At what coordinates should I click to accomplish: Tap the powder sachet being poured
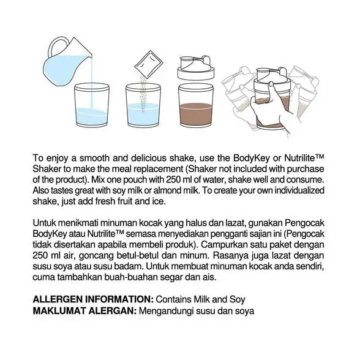click(148, 64)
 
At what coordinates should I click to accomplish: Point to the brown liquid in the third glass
click(196, 114)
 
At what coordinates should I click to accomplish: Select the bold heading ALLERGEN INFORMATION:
click(93, 299)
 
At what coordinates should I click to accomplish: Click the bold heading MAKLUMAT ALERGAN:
click(84, 310)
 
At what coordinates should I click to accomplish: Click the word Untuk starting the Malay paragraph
click(43, 223)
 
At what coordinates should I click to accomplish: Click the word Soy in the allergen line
click(238, 299)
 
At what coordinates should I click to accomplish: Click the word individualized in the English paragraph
click(299, 190)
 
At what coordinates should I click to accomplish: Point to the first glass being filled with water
click(92, 105)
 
